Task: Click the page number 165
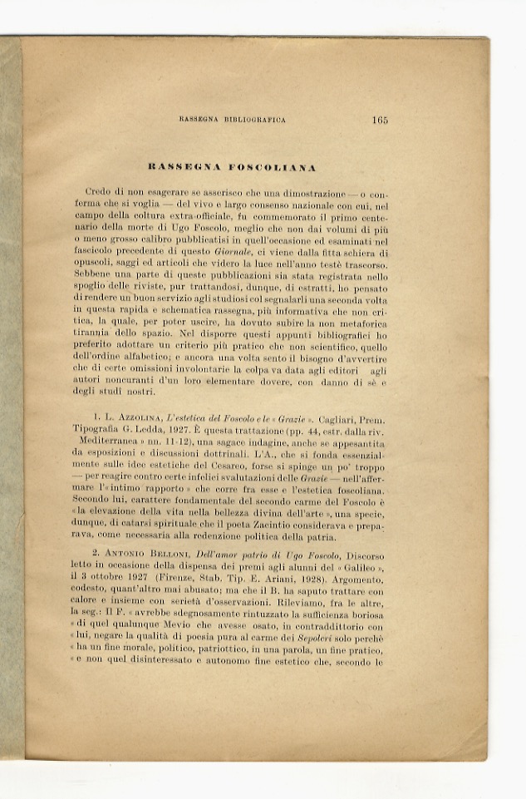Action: pos(380,120)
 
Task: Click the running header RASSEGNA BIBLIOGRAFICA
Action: pos(233,121)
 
